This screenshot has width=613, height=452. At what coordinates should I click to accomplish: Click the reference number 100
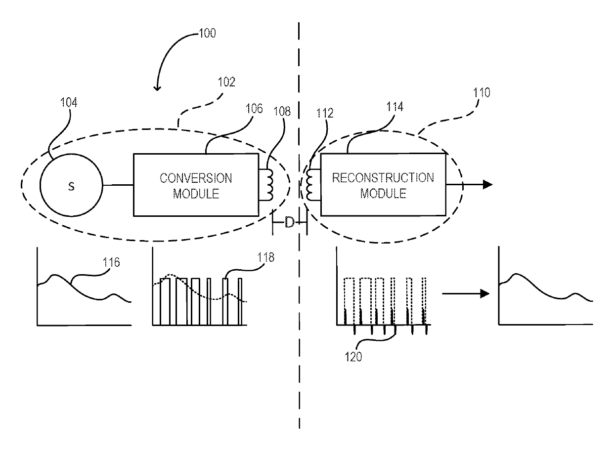coord(207,33)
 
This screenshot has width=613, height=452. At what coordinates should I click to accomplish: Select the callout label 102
coord(226,82)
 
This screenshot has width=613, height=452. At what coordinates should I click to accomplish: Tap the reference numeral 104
coord(69,102)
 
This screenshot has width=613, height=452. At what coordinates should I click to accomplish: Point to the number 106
coord(254,109)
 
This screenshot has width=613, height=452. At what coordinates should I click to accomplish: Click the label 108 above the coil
coord(282,111)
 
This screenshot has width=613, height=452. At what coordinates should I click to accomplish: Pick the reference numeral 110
coord(482,92)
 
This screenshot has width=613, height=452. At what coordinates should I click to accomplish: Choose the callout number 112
coord(325,113)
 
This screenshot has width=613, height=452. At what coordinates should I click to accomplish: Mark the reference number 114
coord(394,107)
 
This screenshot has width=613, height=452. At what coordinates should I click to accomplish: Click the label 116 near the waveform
coord(111,262)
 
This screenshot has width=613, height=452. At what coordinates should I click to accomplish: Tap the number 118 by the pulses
coord(265,257)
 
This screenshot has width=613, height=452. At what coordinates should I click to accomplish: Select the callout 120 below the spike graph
coord(353,357)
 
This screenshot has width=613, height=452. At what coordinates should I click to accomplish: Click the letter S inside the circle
coord(71,187)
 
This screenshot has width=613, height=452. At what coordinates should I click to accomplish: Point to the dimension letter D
coord(289,222)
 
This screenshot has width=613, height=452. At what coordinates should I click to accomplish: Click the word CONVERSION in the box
coord(196,178)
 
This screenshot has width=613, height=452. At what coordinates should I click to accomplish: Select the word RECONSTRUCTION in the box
coord(383,178)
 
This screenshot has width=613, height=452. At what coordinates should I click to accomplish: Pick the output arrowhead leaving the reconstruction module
coord(487,184)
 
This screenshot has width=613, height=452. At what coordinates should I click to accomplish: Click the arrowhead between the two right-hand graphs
coord(485,294)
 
